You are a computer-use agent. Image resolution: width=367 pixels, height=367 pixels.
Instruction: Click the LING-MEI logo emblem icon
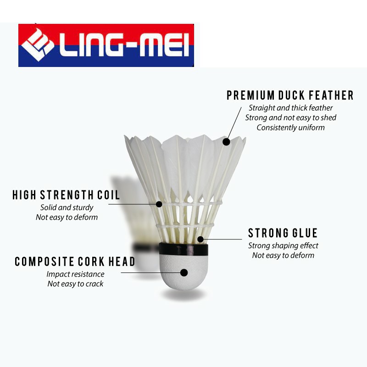pyautogui.click(x=37, y=45)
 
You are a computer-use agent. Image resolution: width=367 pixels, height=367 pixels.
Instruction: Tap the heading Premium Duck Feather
pyautogui.click(x=290, y=95)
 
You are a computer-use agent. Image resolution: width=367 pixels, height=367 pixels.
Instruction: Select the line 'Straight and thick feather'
pyautogui.click(x=291, y=108)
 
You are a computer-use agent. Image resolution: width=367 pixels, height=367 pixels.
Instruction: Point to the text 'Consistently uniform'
pyautogui.click(x=290, y=128)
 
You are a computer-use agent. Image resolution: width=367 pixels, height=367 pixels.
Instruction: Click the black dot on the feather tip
pyautogui.click(x=226, y=142)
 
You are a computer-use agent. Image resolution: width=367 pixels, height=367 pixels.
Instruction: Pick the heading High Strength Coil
pyautogui.click(x=66, y=195)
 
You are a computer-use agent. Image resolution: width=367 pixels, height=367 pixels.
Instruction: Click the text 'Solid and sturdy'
pyautogui.click(x=67, y=207)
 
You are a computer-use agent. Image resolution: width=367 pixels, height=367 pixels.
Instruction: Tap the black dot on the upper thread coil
pyautogui.click(x=159, y=204)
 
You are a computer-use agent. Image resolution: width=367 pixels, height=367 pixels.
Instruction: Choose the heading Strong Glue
pyautogui.click(x=283, y=233)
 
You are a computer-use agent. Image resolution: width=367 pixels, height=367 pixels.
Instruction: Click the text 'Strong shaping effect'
pyautogui.click(x=283, y=245)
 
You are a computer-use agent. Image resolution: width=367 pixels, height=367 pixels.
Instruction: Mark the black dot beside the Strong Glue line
pyautogui.click(x=200, y=239)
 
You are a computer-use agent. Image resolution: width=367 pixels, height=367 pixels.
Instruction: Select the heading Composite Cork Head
pyautogui.click(x=75, y=261)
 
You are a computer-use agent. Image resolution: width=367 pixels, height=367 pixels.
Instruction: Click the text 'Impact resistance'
pyautogui.click(x=75, y=274)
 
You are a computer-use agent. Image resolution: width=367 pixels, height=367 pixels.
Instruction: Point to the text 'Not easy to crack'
pyautogui.click(x=75, y=284)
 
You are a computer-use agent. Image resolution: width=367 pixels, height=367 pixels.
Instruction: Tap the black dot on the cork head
pyautogui.click(x=184, y=272)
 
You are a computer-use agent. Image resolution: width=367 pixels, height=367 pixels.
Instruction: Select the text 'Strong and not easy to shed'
pyautogui.click(x=290, y=118)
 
